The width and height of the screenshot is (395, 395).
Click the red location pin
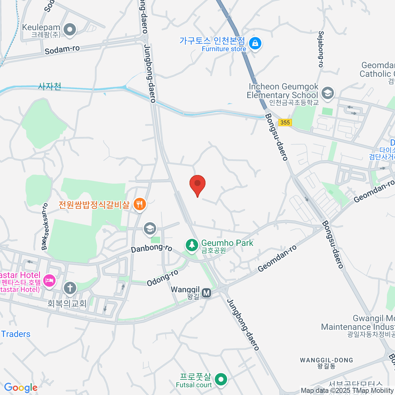(197, 184)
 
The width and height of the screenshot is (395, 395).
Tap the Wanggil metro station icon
(206, 293)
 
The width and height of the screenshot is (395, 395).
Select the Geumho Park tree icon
(191, 245)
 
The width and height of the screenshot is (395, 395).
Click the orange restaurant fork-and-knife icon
(140, 204)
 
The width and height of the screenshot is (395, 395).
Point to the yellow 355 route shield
(285, 122)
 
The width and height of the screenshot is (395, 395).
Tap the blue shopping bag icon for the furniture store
(255, 43)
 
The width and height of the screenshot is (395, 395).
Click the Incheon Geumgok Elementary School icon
(328, 93)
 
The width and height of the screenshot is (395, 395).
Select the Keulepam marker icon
(70, 30)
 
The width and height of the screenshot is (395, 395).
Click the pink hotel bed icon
(49, 281)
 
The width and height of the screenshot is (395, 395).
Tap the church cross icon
(70, 288)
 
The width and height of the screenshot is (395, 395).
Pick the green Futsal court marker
(221, 379)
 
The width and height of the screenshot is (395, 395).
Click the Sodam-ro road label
(62, 50)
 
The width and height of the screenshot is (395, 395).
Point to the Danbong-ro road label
(151, 248)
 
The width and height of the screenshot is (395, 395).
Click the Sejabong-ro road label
(321, 49)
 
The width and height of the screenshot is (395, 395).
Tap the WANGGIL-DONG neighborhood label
(326, 360)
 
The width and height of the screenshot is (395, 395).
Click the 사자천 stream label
(50, 87)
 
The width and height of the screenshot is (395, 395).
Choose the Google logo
(21, 388)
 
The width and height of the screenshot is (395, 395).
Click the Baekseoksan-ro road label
(45, 226)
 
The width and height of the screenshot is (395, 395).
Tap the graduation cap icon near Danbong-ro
(150, 228)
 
